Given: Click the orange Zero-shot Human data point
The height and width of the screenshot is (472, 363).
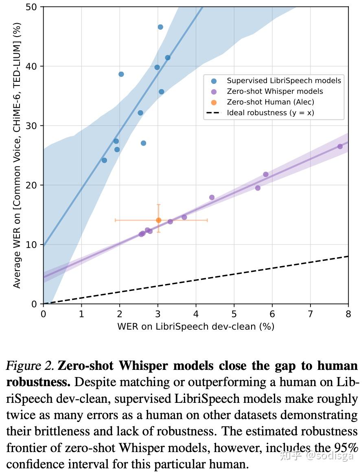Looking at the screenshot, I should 159,220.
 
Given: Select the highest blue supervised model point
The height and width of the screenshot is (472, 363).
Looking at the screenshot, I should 160,27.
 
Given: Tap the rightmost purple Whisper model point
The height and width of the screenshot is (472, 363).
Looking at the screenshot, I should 340,146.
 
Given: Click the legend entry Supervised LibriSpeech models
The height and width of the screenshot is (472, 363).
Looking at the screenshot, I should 284,81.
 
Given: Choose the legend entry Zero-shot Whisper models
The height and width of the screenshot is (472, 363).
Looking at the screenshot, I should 275,92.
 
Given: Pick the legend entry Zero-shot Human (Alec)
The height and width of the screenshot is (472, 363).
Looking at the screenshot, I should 270,102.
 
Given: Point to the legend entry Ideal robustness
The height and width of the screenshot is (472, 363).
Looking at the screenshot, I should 270,113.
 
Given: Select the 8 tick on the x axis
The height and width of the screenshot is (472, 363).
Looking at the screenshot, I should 348,313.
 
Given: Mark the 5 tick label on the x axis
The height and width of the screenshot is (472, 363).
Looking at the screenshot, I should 234,313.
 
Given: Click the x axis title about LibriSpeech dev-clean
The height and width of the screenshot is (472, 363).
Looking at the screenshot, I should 196,326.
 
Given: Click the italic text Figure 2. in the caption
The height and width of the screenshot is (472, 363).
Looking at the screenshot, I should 30,366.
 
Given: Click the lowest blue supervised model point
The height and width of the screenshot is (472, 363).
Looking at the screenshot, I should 104,160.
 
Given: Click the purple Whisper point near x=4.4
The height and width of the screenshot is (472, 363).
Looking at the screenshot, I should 212,197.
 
